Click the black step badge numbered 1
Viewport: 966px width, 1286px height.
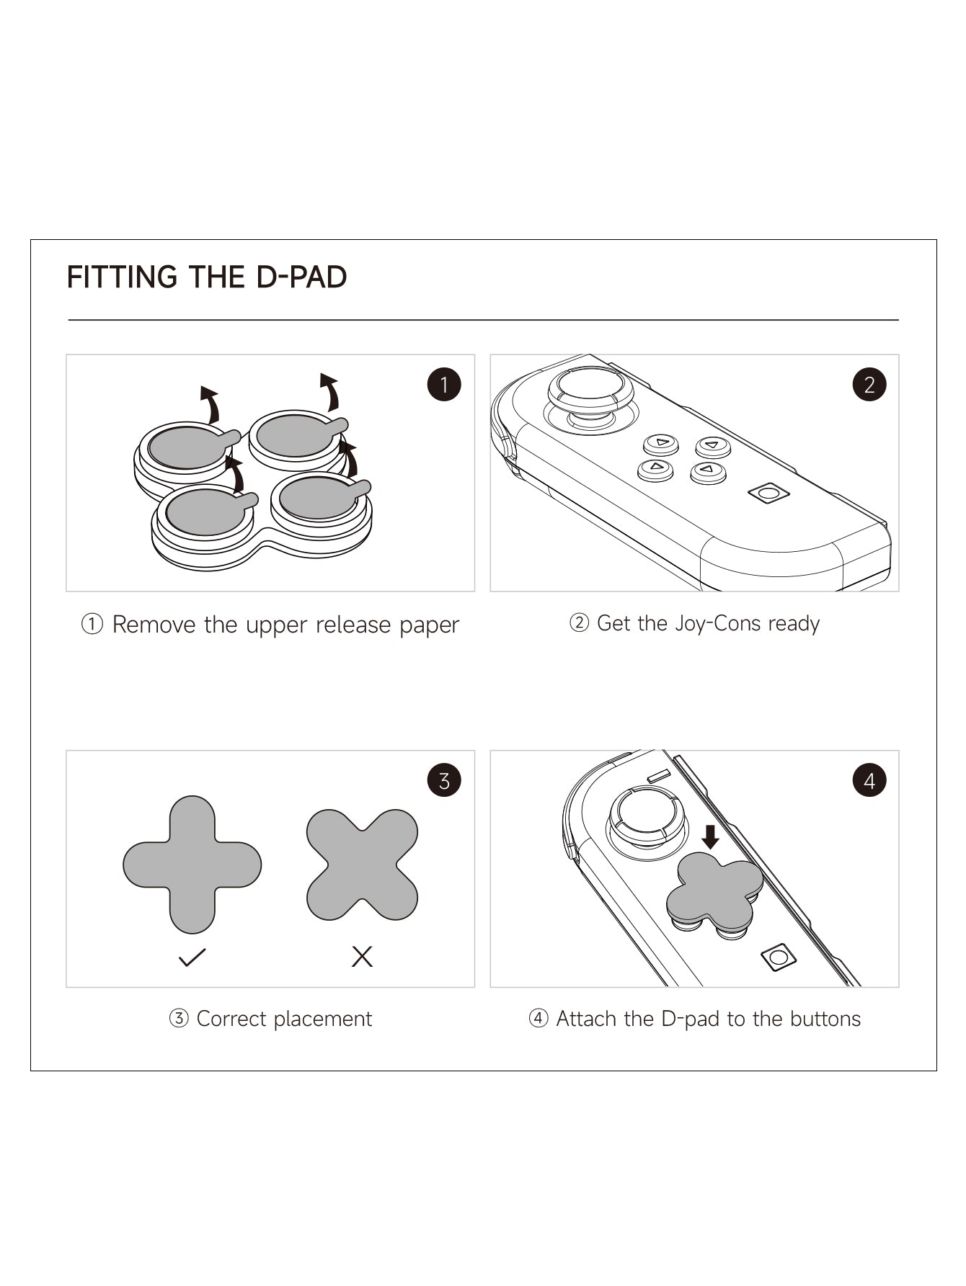[x=443, y=385]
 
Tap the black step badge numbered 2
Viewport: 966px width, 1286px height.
[x=869, y=385]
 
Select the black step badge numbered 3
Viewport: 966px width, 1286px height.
[x=443, y=780]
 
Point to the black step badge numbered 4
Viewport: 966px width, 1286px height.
[x=869, y=780]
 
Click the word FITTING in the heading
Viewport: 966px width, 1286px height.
[x=122, y=277]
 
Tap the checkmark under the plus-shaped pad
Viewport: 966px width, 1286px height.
[x=192, y=957]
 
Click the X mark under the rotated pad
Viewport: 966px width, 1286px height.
[x=362, y=957]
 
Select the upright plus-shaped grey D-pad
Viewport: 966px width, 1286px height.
[x=192, y=865]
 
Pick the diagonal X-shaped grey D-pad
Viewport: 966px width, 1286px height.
[x=362, y=865]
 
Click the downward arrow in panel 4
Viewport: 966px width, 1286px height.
[x=710, y=837]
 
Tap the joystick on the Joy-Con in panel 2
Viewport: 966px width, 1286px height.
[x=590, y=393]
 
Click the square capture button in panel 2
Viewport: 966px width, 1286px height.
[x=768, y=494]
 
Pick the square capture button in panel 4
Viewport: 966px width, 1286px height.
[x=779, y=957]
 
